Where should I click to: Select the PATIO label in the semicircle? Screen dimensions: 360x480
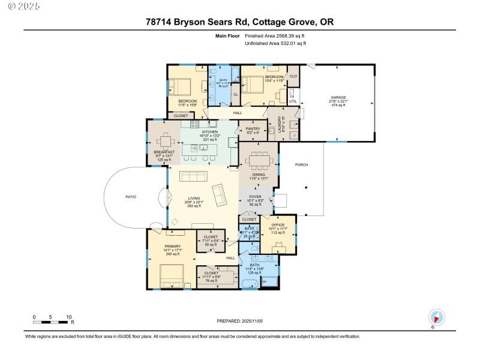[131, 196]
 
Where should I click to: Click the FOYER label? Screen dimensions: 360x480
[255, 194]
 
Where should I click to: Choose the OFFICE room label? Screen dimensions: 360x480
[277, 225]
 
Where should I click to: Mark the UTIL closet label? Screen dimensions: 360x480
[293, 101]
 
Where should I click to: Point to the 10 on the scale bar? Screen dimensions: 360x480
[69, 317]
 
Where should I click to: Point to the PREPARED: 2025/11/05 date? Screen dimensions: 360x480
[240, 321]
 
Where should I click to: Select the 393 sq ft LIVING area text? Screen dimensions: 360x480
[194, 206]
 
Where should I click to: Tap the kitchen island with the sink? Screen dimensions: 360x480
[200, 148]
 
